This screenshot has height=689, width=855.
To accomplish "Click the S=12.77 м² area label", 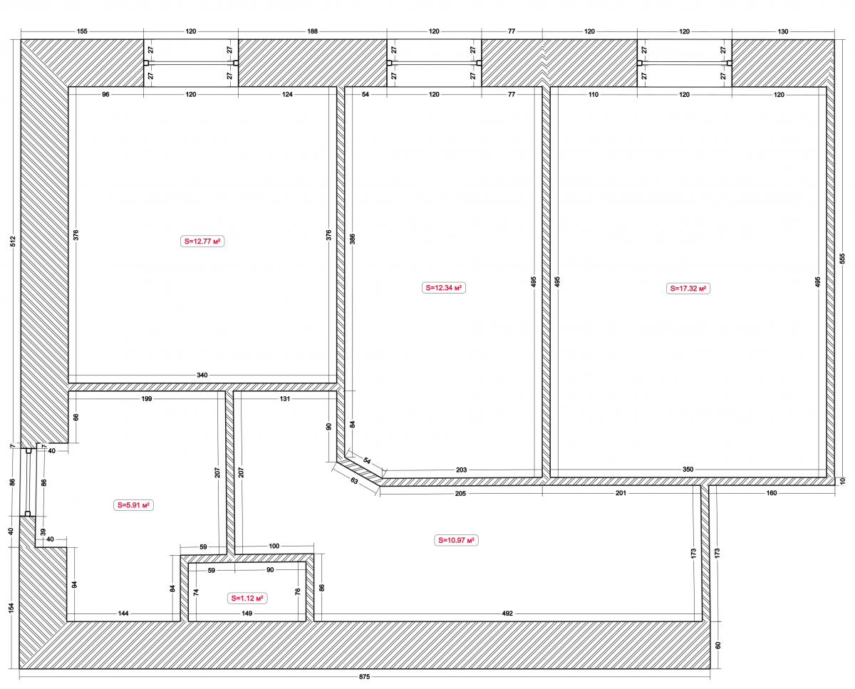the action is point(202,242).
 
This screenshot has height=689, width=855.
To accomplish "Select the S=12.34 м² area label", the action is point(443,288).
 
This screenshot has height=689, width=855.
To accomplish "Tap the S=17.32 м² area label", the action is point(688,288).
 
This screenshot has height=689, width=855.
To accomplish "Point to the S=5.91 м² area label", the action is point(133,505).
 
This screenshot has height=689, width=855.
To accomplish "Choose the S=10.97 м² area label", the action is point(456,540).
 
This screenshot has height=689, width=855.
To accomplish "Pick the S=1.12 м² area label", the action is point(247,598).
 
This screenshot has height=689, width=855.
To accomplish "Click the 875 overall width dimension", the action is point(364,677).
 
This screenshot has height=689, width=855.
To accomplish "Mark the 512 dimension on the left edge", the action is point(13,242).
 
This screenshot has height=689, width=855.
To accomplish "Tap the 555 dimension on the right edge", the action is point(842,258).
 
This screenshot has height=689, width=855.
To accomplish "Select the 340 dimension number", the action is point(202,375).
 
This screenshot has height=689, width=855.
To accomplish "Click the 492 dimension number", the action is point(507,613).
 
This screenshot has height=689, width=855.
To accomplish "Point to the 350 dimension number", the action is point(688,470).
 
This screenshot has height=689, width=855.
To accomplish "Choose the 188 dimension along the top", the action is point(312,31).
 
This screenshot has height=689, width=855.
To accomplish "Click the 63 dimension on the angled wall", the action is point(354,481).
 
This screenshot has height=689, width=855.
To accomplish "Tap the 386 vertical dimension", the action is point(353,239).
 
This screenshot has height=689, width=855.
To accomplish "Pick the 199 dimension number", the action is point(147,398).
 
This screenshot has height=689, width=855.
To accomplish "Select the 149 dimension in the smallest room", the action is point(247,613).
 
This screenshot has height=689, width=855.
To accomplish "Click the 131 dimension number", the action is point(284,398).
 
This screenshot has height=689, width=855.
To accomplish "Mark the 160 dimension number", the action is point(771,493).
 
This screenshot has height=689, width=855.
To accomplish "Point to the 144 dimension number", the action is point(123,613).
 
